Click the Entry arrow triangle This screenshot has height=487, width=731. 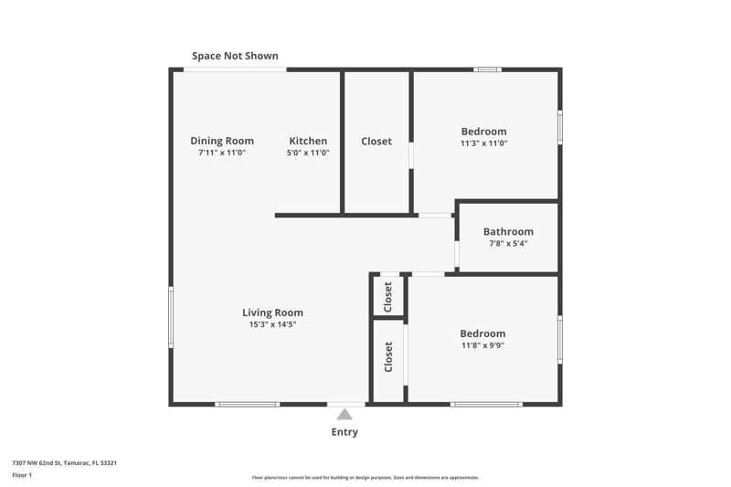344,414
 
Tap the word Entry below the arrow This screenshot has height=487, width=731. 344,432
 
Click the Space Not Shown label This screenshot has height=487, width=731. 235,56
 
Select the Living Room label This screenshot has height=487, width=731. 272,312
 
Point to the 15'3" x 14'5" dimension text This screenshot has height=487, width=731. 272,324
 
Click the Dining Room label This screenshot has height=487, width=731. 222,141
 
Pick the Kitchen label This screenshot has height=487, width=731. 308,141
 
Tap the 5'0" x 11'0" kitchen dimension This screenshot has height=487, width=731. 308,153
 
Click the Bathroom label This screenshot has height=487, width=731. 508,231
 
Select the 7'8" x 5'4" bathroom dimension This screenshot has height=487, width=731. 508,243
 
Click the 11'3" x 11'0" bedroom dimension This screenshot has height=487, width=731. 484,143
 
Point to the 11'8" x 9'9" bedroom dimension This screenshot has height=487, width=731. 482,345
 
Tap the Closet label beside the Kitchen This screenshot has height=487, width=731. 376,142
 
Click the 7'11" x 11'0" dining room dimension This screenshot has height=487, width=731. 222,153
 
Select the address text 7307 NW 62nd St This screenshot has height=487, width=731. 37,462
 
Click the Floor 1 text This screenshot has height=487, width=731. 22,475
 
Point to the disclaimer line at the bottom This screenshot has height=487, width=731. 365,477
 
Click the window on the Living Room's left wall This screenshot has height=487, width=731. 171,317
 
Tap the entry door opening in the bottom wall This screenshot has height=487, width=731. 346,404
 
